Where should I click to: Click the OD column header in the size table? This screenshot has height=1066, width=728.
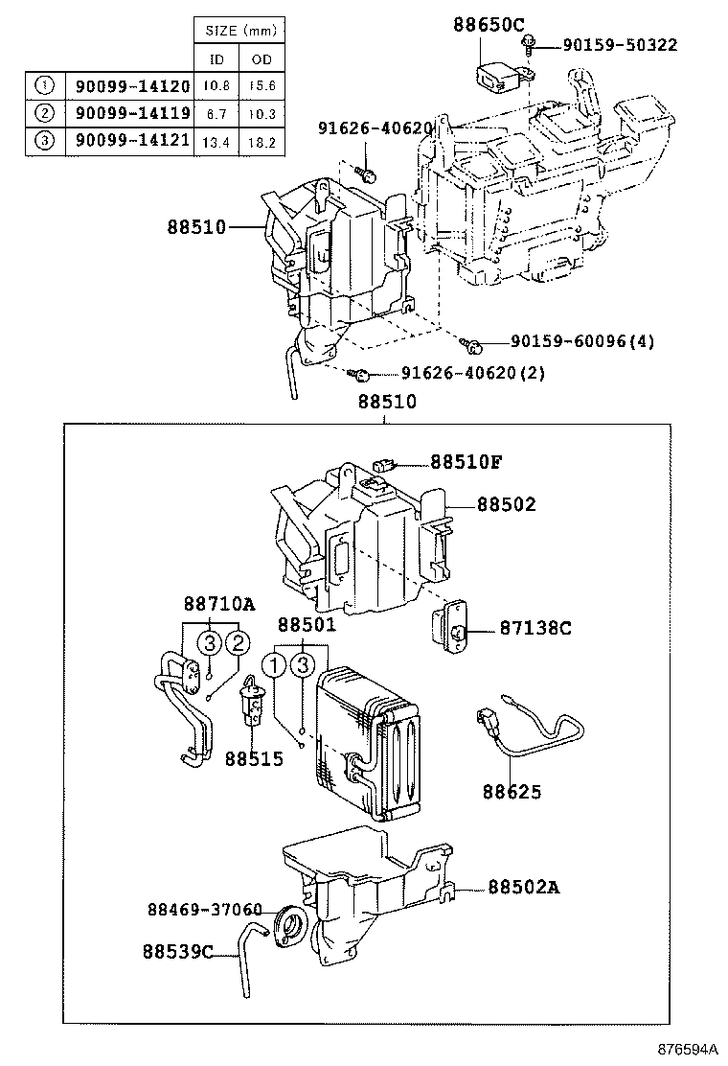261,59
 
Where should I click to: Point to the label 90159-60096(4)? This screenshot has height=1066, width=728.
581,342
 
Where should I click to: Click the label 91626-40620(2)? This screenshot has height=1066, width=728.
459,373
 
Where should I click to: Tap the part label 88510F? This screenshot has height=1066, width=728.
465,462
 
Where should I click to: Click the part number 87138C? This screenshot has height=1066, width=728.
535,628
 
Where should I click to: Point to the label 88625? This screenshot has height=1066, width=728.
512,792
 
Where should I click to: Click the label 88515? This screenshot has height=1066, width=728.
254,758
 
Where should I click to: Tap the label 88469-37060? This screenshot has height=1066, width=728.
204,908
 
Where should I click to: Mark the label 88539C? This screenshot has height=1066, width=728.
177,952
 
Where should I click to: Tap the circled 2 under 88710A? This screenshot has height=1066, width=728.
238,644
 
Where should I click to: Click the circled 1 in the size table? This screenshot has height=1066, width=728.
44,85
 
